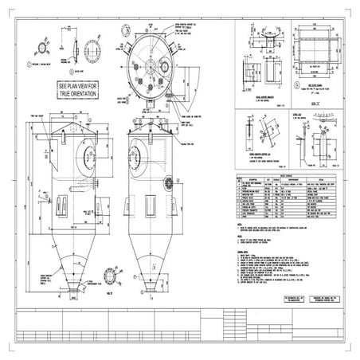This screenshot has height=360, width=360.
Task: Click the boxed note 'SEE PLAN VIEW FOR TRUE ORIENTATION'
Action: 78,88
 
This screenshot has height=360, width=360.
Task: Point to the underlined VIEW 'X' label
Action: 315,104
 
